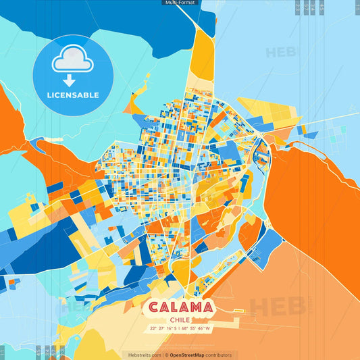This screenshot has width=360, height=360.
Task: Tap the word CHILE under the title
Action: click(179, 320)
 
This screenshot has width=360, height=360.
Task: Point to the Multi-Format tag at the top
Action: click(180, 3)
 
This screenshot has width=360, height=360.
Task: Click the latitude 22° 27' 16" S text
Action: click(163, 329)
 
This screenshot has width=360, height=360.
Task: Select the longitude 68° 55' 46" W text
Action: click(195, 329)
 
